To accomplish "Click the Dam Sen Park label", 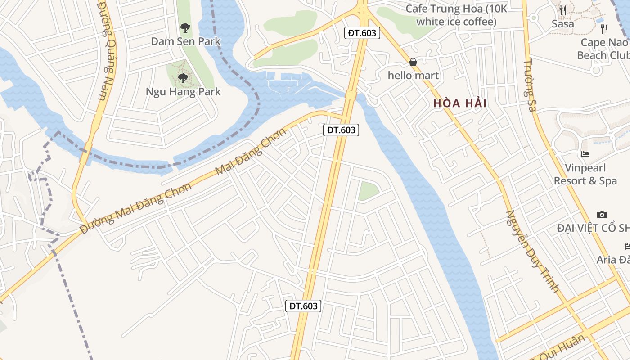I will (185, 41).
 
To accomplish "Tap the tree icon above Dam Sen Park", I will (185, 28).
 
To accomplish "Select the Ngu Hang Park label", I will (183, 92).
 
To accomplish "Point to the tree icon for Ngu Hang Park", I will (183, 78).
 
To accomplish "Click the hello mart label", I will (413, 76).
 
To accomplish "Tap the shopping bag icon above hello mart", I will (413, 62).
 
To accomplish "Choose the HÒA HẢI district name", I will (460, 103).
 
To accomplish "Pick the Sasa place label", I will (562, 24).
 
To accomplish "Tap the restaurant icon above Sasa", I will (563, 10).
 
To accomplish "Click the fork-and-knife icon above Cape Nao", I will (604, 29).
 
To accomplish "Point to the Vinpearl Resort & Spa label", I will (585, 175).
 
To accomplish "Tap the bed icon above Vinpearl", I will (585, 154).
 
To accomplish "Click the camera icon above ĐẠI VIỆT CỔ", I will (602, 215).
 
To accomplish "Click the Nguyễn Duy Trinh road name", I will (532, 251).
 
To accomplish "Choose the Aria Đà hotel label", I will (613, 260).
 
